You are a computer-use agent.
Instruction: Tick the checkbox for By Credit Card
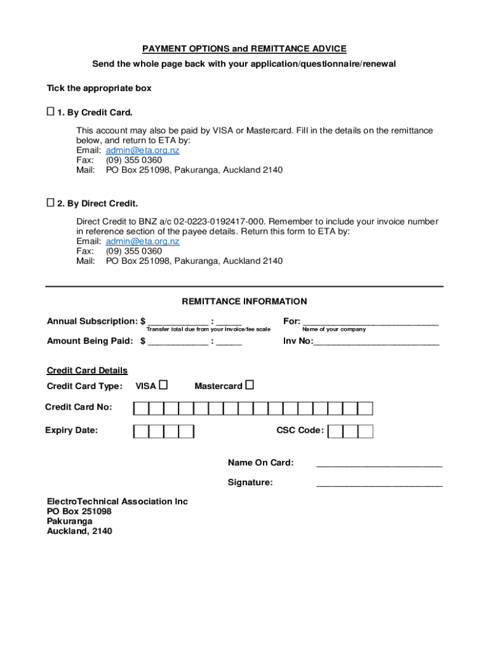point(50,113)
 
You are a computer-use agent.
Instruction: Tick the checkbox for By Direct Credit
point(50,203)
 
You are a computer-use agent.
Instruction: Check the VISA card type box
point(163,385)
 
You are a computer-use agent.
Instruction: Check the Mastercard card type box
point(250,385)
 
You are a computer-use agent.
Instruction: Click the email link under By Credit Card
point(142,151)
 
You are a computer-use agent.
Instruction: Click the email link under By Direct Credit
point(142,242)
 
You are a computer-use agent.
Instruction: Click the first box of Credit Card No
point(141,408)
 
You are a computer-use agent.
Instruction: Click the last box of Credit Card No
point(365,408)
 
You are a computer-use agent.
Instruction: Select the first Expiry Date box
point(141,432)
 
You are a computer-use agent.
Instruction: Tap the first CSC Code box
point(335,432)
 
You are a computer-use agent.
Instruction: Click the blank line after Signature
point(379,485)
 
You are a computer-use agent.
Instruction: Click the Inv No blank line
point(377,343)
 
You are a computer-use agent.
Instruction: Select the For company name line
point(370,323)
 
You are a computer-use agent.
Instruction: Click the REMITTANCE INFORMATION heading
point(245,302)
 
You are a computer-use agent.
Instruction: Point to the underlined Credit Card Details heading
point(87,371)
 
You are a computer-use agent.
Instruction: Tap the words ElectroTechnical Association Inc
point(117,502)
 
